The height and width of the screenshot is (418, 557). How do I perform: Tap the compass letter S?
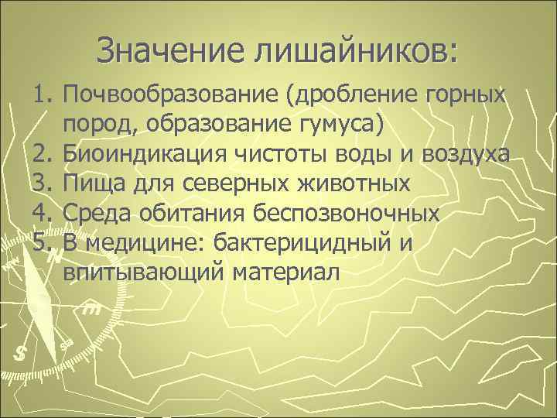(20, 354)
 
